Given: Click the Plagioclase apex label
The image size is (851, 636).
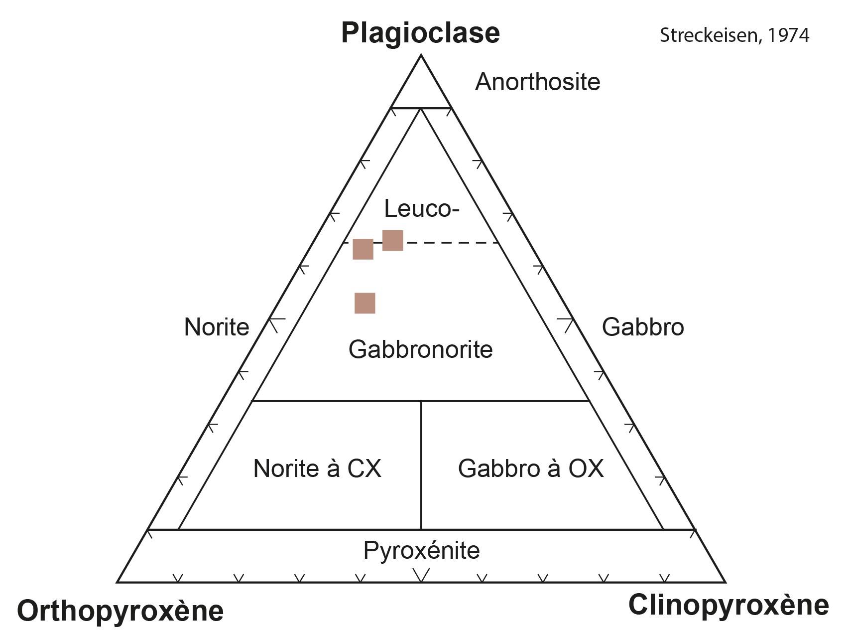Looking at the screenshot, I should click(x=420, y=33).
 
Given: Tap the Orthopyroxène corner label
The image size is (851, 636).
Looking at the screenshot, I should click(x=120, y=611).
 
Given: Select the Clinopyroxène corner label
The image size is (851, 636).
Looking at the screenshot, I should click(x=729, y=605).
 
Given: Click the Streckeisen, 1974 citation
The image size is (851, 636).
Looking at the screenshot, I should click(x=734, y=35).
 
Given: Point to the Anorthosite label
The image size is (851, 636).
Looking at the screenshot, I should click(x=537, y=82).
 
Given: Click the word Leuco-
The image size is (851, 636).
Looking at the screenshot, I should click(x=421, y=209).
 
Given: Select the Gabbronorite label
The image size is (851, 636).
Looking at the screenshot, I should click(x=420, y=349).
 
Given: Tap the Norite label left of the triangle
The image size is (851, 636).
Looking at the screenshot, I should click(x=216, y=327).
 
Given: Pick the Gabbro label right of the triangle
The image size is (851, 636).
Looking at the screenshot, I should click(x=642, y=327).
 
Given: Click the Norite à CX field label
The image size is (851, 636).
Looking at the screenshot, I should click(x=317, y=469).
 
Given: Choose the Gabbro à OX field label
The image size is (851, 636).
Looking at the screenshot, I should click(x=531, y=469).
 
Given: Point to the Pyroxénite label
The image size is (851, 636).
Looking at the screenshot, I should click(x=421, y=550).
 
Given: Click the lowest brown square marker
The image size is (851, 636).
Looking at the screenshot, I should click(x=365, y=303).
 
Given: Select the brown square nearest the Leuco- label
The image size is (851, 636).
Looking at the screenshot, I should click(x=392, y=240).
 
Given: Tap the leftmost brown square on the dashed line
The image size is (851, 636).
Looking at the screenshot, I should click(x=363, y=249).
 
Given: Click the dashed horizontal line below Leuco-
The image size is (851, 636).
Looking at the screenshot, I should click(x=448, y=243).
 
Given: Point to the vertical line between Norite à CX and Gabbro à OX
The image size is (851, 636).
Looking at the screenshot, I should click(x=421, y=464).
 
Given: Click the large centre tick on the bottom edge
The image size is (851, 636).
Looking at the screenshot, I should click(x=421, y=576).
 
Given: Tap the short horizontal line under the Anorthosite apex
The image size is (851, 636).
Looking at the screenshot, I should click(x=421, y=108).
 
